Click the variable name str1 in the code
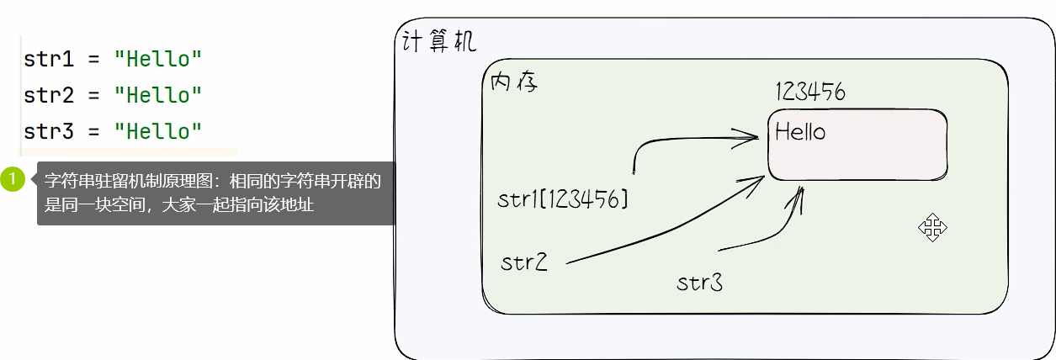[50, 61]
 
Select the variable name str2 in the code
[50, 96]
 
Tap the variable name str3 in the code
[50, 131]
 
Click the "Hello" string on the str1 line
[158, 61]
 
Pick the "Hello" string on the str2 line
[158, 96]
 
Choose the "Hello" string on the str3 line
[158, 131]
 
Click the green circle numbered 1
[13, 179]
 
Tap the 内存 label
[513, 83]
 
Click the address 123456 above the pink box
[809, 92]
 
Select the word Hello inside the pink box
[799, 132]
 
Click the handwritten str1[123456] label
[562, 199]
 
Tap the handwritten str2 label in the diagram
[523, 262]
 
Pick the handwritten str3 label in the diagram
[699, 283]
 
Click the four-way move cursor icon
[932, 227]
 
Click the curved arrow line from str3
[774, 231]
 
